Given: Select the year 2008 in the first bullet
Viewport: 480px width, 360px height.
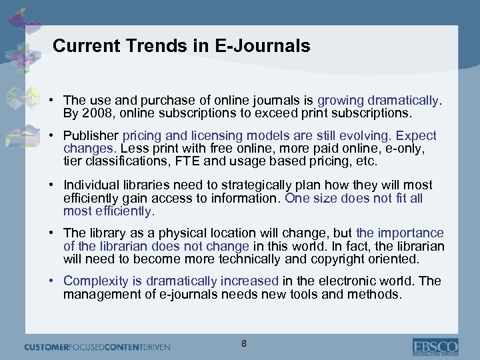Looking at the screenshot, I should [97, 113].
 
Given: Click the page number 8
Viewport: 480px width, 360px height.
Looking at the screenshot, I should [244, 344].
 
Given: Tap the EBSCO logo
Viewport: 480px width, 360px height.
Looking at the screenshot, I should [435, 347].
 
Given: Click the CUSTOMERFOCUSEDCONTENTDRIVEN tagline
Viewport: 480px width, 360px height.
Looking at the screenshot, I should [97, 347].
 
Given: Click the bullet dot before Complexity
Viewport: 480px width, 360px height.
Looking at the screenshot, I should [51, 281].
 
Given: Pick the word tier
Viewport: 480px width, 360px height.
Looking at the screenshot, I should [72, 161].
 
